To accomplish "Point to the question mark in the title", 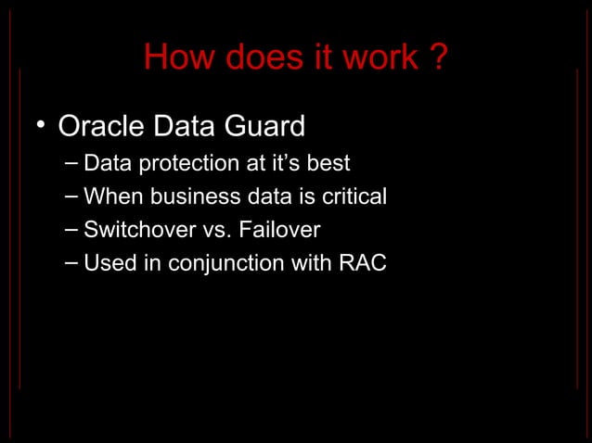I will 437,59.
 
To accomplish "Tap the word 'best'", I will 328,164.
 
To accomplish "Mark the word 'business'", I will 186,197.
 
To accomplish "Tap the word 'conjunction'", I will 214,264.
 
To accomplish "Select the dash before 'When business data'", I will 72,197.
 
